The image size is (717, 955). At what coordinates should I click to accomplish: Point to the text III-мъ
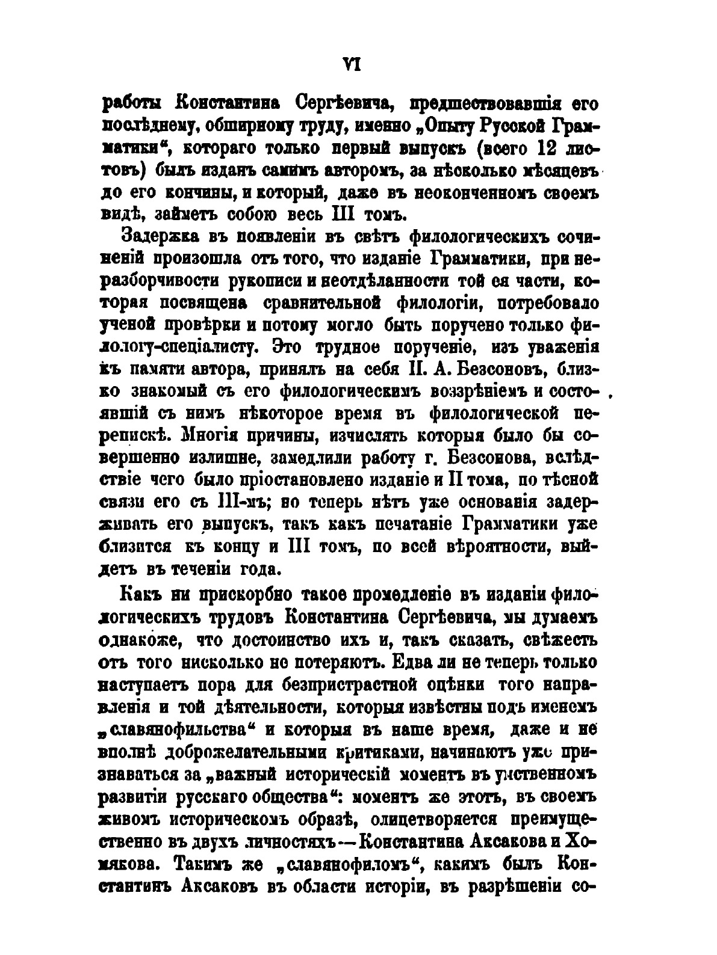(x=247, y=503)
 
